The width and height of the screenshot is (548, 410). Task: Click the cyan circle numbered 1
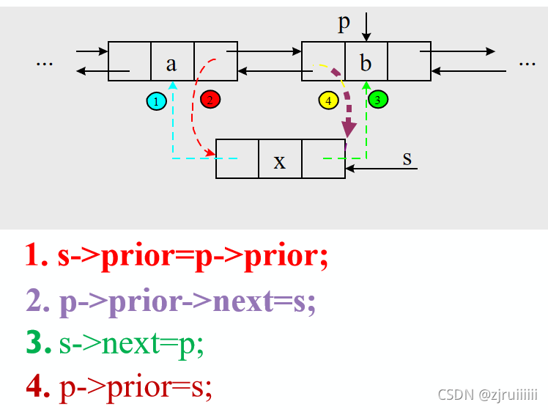click(155, 100)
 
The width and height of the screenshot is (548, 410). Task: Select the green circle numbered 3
click(378, 99)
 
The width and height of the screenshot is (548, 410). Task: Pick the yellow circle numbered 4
click(328, 100)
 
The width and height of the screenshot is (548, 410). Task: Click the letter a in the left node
click(171, 63)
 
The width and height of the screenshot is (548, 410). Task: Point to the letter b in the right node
click(366, 63)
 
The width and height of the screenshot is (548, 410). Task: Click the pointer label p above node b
click(344, 23)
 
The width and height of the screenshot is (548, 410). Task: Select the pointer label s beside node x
click(407, 158)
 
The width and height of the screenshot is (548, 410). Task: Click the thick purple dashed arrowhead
click(349, 130)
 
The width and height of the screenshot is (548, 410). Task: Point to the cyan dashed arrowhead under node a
click(172, 86)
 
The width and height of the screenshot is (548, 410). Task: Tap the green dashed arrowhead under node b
click(366, 86)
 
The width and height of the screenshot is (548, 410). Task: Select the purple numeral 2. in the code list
click(37, 301)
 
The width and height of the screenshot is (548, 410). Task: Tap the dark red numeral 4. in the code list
click(37, 388)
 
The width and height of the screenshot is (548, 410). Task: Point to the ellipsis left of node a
click(45, 62)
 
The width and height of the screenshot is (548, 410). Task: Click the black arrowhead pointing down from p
click(366, 37)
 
